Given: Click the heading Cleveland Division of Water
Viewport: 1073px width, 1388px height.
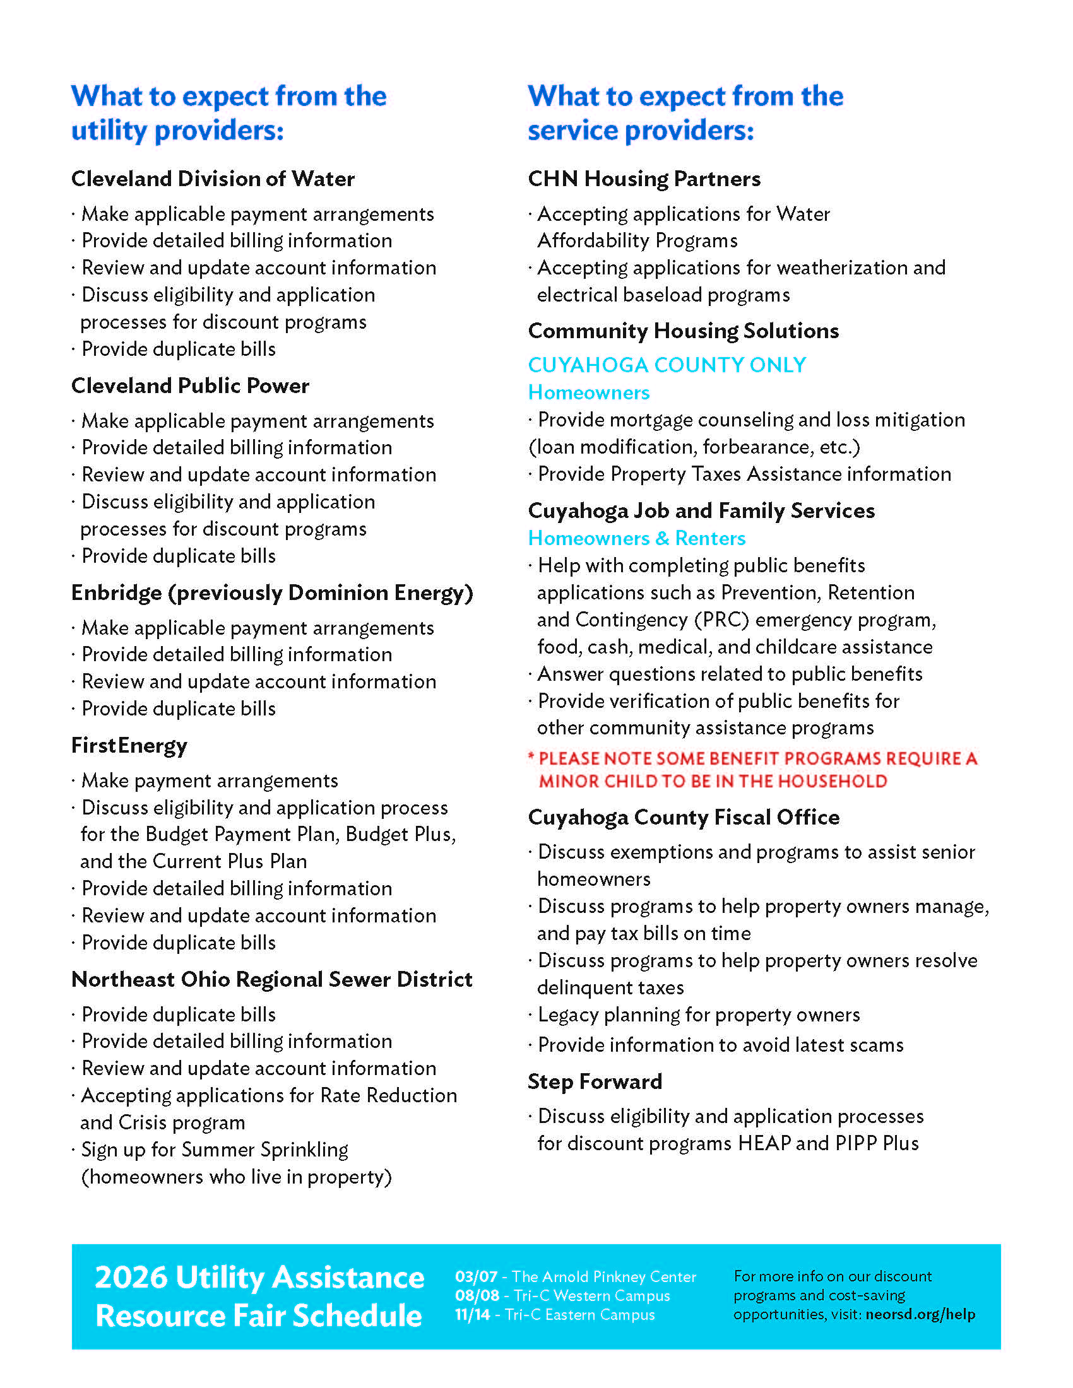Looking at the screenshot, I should click(x=212, y=179).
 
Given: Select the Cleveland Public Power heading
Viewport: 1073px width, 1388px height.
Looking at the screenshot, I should click(x=190, y=385).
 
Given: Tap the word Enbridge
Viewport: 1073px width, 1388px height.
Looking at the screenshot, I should click(x=116, y=593).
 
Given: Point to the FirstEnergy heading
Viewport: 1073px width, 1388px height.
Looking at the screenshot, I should click(x=129, y=746).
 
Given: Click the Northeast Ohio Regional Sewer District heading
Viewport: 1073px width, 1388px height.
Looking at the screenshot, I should click(x=271, y=979).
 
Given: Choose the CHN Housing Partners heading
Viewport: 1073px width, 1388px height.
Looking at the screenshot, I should click(x=644, y=179).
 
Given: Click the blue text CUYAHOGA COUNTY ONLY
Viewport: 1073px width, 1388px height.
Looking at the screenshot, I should click(x=667, y=365).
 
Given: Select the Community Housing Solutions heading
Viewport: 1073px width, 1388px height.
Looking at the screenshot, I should click(x=684, y=331).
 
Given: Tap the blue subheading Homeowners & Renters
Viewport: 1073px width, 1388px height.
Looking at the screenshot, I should click(x=636, y=538).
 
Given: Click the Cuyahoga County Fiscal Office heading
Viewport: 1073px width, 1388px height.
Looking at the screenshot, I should click(x=684, y=817).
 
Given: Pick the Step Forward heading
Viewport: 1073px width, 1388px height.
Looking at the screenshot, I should click(x=595, y=1081).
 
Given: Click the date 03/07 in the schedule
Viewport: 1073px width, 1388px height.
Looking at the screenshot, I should click(x=475, y=1277).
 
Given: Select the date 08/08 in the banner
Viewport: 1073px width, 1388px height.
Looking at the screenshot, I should click(x=476, y=1296).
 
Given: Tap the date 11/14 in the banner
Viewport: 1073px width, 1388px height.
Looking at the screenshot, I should click(x=472, y=1314).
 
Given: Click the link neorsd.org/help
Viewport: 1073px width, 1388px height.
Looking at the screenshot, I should click(x=920, y=1314).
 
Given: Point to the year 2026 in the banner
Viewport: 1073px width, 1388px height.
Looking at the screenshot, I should click(x=131, y=1278).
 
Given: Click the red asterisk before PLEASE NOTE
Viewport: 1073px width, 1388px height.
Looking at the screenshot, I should click(x=531, y=756).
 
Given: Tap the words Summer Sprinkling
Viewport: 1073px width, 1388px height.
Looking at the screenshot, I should click(x=264, y=1150).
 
